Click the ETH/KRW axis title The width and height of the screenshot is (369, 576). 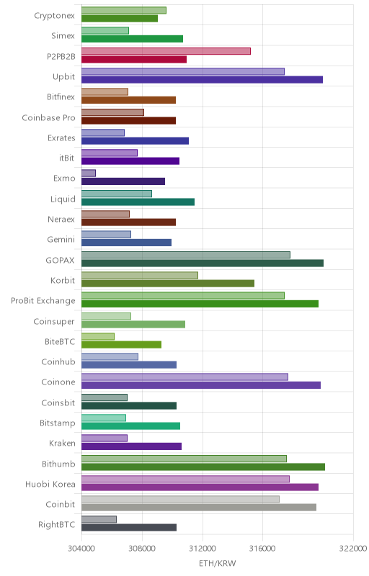click(x=217, y=563)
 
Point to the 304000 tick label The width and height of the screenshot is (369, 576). click(x=81, y=549)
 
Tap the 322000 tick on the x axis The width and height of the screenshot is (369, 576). click(x=353, y=549)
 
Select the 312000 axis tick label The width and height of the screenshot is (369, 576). click(x=202, y=549)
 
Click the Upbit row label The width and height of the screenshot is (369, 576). click(x=63, y=77)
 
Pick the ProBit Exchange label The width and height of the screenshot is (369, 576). click(x=43, y=301)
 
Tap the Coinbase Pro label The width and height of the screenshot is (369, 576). click(x=48, y=118)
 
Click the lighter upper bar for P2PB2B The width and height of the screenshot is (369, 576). click(x=166, y=51)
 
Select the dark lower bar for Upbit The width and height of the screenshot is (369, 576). click(x=202, y=80)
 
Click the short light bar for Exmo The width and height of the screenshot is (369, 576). click(x=89, y=173)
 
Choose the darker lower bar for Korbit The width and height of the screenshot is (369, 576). click(x=168, y=283)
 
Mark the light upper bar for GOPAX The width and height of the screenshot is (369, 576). click(x=186, y=255)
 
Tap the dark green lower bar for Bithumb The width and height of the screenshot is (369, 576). click(x=203, y=467)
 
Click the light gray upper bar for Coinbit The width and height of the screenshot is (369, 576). click(x=180, y=499)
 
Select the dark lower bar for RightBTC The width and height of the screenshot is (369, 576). click(x=129, y=528)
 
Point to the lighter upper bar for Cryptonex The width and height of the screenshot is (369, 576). click(x=124, y=10)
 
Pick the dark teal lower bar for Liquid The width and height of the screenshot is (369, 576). click(x=138, y=202)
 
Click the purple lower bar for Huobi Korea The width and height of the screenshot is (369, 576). click(x=200, y=487)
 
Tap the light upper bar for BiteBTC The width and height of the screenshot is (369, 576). click(x=98, y=336)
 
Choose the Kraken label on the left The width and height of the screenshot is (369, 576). click(x=62, y=444)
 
